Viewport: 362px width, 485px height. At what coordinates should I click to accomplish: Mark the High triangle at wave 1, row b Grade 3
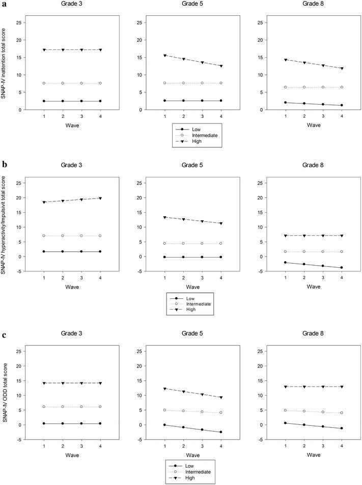click(x=44, y=202)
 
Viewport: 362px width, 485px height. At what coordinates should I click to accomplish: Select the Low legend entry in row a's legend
click(x=195, y=130)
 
